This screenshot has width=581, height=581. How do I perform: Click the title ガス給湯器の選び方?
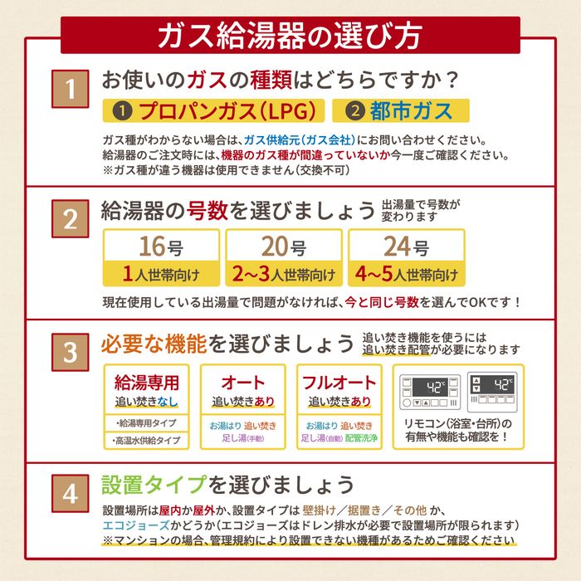coord(290,36)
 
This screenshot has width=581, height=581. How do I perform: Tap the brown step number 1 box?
coord(70,89)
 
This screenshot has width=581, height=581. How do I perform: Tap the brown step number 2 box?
coord(70,218)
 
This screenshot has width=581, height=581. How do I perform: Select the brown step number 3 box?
coord(70,352)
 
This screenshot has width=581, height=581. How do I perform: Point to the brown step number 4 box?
coord(70,493)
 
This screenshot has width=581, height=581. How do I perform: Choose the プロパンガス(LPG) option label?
coord(214,110)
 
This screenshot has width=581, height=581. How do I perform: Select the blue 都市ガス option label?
coord(401,110)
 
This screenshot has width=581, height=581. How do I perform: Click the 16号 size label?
coord(161,247)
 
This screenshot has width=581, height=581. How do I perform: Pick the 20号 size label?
coord(284,247)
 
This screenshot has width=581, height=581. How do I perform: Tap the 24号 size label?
coord(407,247)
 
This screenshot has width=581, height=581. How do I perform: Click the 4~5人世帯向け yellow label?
coord(407,274)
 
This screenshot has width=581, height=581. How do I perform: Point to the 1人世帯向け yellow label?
coord(161,274)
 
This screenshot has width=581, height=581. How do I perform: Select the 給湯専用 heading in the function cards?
coord(147,383)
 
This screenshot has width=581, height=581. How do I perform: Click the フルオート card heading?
coord(339,383)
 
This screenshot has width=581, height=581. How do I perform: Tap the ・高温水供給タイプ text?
coord(146,441)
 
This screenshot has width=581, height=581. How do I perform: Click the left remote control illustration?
coord(430,392)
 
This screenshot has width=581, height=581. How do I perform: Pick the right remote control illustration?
coord(492,392)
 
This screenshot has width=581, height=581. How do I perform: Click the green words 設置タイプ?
coord(154,484)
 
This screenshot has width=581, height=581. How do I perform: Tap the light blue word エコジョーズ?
coord(136,525)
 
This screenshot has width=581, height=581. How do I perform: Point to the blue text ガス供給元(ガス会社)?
coord(300,140)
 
